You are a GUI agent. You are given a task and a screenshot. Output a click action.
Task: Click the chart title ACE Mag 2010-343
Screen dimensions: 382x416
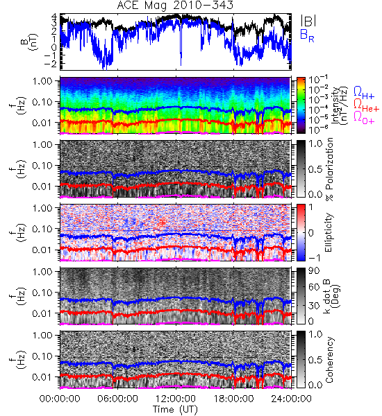(175, 6)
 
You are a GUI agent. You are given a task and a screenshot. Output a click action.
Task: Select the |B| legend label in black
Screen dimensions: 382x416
(308, 21)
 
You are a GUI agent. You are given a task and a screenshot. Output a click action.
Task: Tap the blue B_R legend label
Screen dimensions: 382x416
(307, 35)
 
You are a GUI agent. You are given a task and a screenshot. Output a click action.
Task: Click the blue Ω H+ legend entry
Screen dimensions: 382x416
(364, 92)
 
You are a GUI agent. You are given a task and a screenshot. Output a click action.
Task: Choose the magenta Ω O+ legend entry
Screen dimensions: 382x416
(364, 118)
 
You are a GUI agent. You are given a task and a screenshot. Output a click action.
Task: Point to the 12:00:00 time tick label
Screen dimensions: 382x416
(176, 399)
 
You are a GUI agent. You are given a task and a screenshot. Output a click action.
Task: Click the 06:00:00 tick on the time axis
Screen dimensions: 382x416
(118, 399)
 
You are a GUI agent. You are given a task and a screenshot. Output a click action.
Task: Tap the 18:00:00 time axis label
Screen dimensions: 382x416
(233, 399)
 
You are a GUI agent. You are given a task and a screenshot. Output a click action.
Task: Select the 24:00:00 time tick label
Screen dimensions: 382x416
(291, 399)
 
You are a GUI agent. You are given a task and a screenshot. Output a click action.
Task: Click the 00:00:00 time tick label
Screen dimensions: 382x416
(60, 399)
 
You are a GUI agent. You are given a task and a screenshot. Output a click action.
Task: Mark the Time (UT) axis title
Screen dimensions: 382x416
(176, 410)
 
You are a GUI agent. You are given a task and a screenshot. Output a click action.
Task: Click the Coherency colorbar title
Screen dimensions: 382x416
(329, 360)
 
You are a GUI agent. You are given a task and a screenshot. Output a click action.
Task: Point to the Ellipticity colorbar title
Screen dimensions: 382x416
(329, 232)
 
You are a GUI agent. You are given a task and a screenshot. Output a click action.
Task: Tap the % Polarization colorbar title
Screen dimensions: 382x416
(330, 169)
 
